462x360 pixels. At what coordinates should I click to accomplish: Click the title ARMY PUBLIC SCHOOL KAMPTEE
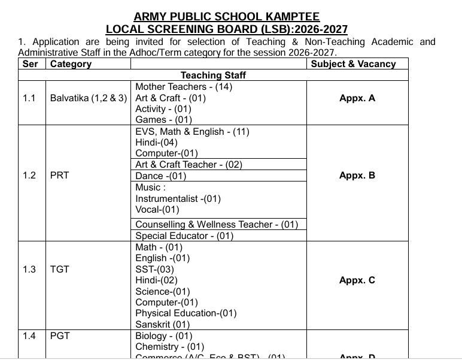click(x=226, y=17)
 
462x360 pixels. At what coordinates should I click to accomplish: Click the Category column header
click(x=71, y=64)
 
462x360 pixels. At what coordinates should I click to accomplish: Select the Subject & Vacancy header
click(x=353, y=64)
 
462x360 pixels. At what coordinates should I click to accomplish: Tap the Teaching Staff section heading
click(x=213, y=75)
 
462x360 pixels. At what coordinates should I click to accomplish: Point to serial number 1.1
click(x=29, y=98)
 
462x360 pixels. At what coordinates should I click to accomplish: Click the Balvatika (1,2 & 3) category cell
click(x=89, y=98)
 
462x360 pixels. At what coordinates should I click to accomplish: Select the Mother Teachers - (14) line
click(x=184, y=87)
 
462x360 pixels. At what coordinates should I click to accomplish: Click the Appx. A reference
click(x=357, y=98)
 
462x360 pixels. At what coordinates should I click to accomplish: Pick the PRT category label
click(x=60, y=176)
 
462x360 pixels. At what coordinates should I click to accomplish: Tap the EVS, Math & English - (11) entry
click(x=192, y=131)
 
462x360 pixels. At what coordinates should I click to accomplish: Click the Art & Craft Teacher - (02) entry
click(x=189, y=165)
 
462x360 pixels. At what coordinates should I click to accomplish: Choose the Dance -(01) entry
click(x=160, y=176)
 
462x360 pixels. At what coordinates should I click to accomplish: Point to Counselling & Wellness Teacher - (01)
click(x=217, y=225)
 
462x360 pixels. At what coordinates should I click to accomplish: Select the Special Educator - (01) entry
click(x=184, y=236)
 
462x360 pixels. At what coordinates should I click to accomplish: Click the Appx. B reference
click(x=357, y=176)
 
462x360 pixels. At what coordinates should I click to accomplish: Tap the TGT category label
click(x=60, y=270)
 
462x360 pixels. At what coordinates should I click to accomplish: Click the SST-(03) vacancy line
click(x=154, y=270)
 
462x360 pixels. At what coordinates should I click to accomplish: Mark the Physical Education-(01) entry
click(x=186, y=313)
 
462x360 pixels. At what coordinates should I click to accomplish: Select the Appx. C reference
click(x=357, y=280)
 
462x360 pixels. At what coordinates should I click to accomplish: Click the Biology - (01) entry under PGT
click(x=163, y=336)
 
